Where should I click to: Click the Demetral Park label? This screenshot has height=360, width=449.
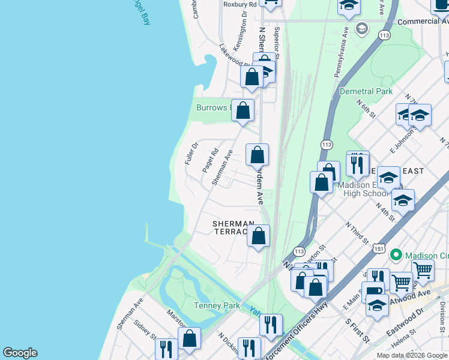(x=366, y=91)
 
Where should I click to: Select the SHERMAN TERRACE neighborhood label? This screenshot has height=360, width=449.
(x=231, y=227)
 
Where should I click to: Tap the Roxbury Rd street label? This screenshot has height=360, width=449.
(x=240, y=4)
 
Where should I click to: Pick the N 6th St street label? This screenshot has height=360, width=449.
(x=367, y=108)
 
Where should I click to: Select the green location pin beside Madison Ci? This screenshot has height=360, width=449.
(x=395, y=255)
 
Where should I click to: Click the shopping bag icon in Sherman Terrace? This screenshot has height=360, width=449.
(x=258, y=236)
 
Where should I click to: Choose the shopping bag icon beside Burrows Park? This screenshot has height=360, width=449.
(x=243, y=110)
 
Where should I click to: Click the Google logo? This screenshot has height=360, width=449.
(x=20, y=353)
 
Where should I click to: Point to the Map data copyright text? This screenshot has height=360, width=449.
(x=412, y=355)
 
